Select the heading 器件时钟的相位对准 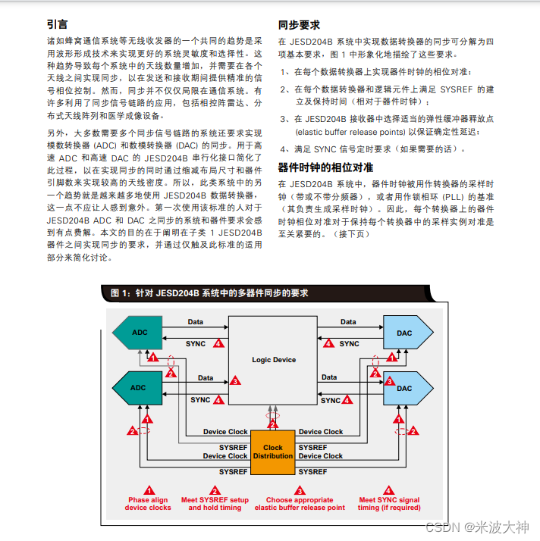click(x=325, y=167)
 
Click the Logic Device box click(x=274, y=359)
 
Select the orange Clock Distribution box click(x=273, y=452)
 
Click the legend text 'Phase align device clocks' click(x=149, y=504)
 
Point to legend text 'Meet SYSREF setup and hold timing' click(x=215, y=504)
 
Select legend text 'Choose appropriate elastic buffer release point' click(x=300, y=504)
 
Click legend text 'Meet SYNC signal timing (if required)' click(x=389, y=504)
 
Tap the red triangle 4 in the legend click(x=389, y=490)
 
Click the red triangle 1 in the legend click(x=149, y=490)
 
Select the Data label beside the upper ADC click(x=195, y=322)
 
